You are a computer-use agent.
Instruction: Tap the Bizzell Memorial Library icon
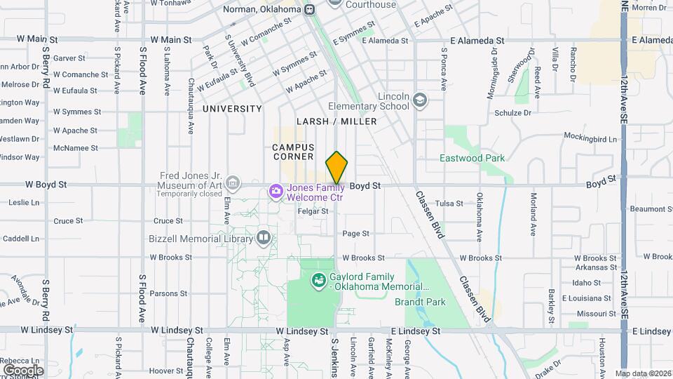tap(264, 238)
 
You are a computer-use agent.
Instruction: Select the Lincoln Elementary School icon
tap(420, 100)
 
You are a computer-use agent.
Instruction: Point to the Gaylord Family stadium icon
tap(318, 281)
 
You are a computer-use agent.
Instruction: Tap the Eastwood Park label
tap(472, 158)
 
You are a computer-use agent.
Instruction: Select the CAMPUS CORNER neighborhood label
tap(293, 152)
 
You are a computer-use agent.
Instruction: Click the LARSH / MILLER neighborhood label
tap(336, 121)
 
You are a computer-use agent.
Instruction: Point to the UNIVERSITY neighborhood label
tap(232, 109)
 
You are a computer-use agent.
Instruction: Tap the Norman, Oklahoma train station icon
tap(310, 9)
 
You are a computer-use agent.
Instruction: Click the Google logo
tap(23, 370)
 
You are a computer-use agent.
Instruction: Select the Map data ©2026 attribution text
tap(642, 373)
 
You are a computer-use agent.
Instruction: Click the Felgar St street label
tap(313, 211)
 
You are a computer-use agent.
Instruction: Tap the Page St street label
tap(355, 233)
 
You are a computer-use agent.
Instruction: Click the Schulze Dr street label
tap(512, 112)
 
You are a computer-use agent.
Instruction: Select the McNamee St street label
tap(76, 148)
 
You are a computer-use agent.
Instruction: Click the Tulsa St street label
tap(449, 203)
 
